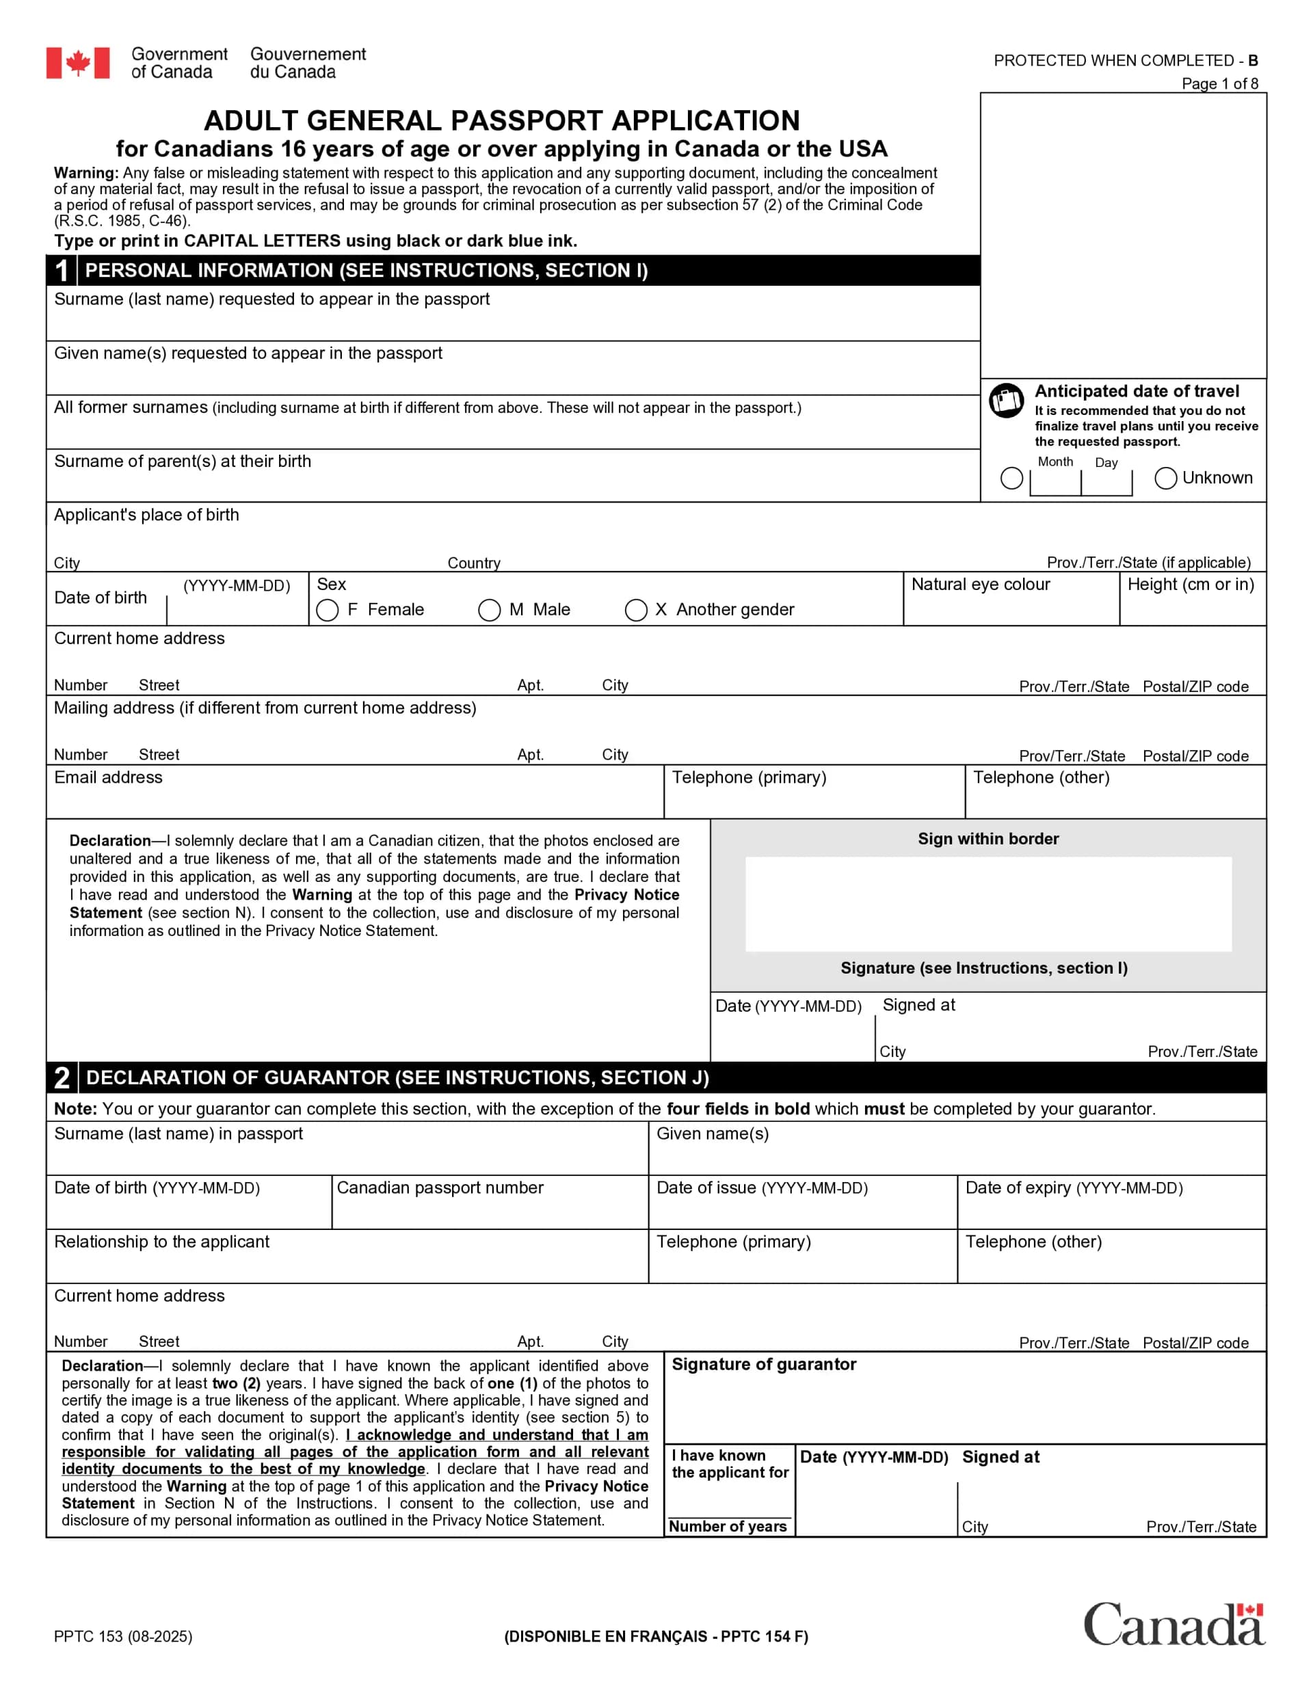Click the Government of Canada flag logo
coord(77,63)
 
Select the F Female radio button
coord(328,610)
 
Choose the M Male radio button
coord(489,610)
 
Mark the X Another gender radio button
coord(636,610)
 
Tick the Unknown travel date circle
coord(1165,478)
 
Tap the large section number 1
coord(62,271)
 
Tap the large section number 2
coord(62,1078)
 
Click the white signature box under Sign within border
coord(987,903)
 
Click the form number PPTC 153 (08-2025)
coord(123,1636)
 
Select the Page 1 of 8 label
coord(1219,83)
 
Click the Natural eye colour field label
coord(980,585)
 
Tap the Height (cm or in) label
coord(1190,585)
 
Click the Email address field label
coord(108,777)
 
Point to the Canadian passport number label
coord(440,1187)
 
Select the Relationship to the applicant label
coord(162,1242)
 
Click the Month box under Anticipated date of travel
coord(1055,482)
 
